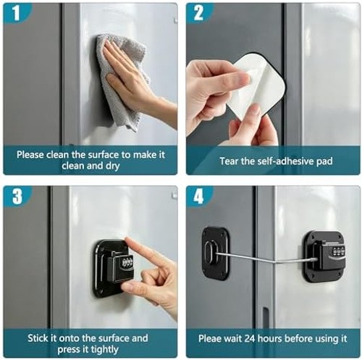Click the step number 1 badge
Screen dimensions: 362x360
16,12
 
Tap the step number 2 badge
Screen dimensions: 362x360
198,12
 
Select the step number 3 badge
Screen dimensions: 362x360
17,196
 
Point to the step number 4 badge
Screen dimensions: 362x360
198,196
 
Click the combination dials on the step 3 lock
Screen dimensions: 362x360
127,262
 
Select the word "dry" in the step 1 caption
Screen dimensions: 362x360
112,167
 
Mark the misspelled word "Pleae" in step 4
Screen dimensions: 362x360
210,338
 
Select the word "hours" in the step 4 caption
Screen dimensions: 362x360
271,338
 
